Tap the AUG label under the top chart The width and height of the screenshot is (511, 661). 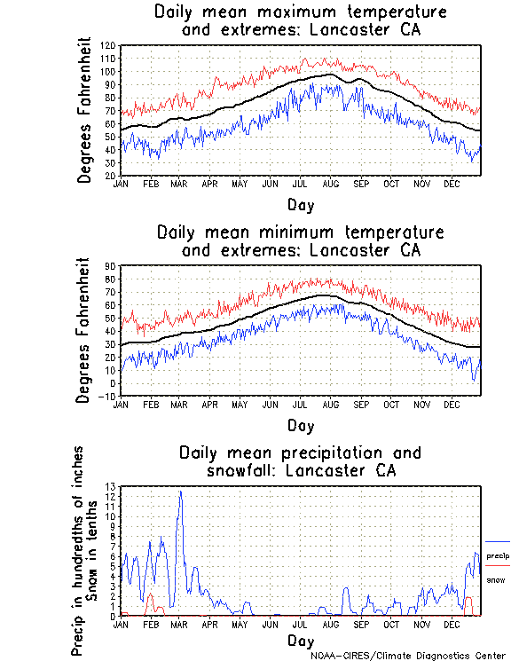(330, 184)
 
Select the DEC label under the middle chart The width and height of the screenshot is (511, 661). (451, 404)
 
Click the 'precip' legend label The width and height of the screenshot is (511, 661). (498, 555)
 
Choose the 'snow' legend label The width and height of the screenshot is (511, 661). (495, 579)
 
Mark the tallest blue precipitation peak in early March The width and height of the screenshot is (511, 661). (181, 492)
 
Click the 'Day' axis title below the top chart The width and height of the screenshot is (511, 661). (300, 204)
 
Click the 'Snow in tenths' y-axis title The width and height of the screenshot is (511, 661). (96, 550)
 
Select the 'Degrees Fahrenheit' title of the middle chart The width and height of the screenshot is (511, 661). (84, 330)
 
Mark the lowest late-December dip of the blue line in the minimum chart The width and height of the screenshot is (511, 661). (474, 380)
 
